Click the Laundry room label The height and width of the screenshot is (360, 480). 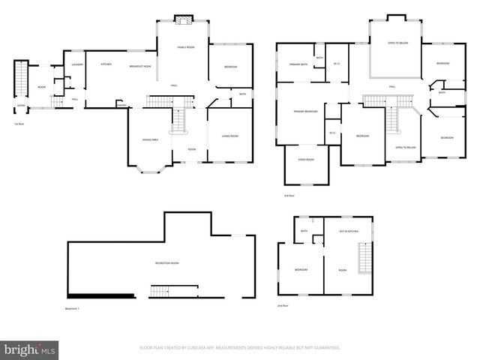76,64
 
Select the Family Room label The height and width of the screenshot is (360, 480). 185,47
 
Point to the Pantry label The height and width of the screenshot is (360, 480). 120,105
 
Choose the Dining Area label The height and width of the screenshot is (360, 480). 150,140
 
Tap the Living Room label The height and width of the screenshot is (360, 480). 229,136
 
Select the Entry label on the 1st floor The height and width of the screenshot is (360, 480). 21,106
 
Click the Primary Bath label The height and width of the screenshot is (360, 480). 299,65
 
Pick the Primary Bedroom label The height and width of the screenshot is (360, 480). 305,111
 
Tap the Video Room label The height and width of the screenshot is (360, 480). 306,159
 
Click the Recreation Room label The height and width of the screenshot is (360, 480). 166,263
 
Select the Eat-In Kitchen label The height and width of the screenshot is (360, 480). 349,232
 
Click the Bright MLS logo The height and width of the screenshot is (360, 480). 30,349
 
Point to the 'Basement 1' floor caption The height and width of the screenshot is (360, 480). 71,309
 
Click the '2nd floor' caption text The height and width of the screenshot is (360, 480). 281,305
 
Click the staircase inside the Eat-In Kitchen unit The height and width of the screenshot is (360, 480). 365,261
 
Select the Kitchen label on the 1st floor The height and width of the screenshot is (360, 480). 106,64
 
